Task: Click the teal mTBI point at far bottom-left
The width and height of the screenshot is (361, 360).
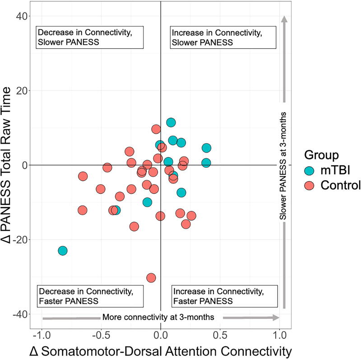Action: point(63,250)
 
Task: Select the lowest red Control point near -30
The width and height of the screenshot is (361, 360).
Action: point(151,277)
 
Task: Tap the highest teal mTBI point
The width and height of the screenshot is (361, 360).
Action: point(171,122)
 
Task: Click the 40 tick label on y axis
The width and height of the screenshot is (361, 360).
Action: point(21,16)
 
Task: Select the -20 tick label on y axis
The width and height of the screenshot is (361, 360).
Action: point(18,239)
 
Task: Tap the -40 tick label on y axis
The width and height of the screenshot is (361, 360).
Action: point(18,314)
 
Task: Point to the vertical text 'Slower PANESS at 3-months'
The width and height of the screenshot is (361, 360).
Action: point(284,165)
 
